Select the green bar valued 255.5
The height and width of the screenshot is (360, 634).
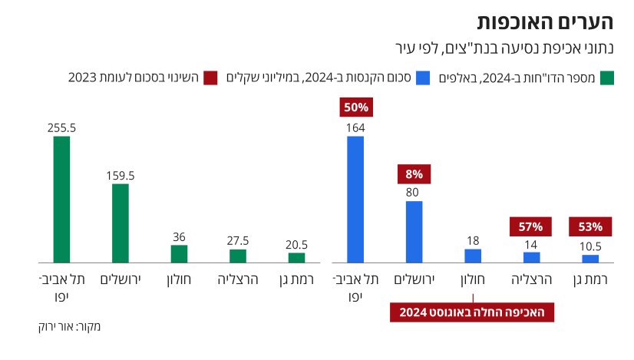pos(61,200)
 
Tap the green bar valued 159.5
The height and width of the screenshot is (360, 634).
pos(121,223)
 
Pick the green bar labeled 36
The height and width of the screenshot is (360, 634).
pos(179,254)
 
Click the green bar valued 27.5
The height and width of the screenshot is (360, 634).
pos(238,256)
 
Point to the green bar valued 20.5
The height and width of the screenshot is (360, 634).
pos(296,257)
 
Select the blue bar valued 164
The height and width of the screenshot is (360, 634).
pos(355,200)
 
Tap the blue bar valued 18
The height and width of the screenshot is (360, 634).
pos(473,256)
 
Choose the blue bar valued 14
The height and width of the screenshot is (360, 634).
pos(531,257)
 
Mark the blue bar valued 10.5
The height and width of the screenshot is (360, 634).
pos(590,259)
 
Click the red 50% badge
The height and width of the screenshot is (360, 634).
pos(355,108)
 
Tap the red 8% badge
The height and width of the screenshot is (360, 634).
pos(414,174)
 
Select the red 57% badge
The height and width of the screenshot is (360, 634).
pos(531,227)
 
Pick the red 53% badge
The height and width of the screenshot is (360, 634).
pos(590,227)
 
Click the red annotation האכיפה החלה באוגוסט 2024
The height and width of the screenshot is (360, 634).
pos(472,312)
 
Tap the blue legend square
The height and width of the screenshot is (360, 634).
pos(422,78)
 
